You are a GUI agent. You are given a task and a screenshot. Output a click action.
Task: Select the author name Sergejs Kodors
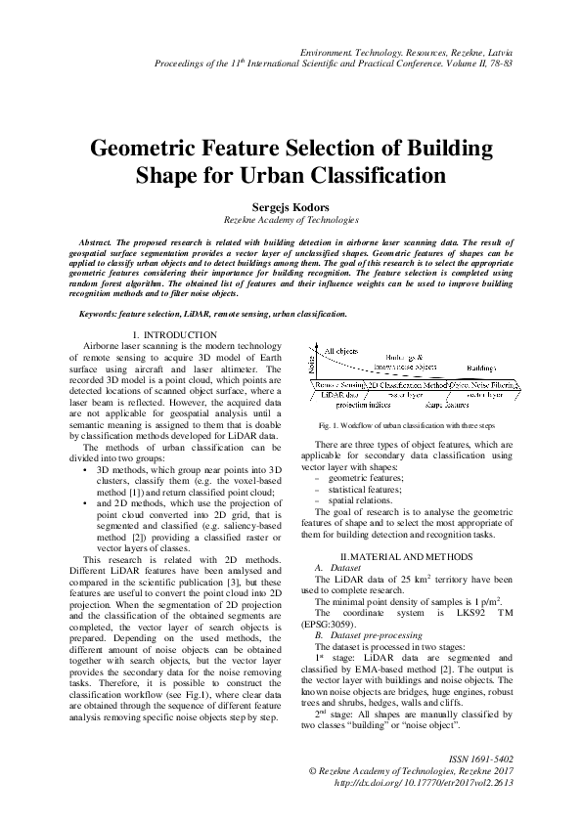point(291,208)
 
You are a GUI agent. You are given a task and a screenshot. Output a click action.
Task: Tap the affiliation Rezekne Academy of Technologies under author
point(291,221)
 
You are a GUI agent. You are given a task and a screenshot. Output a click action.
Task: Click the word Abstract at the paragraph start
point(96,240)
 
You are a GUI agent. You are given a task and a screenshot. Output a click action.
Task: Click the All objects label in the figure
point(341,350)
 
